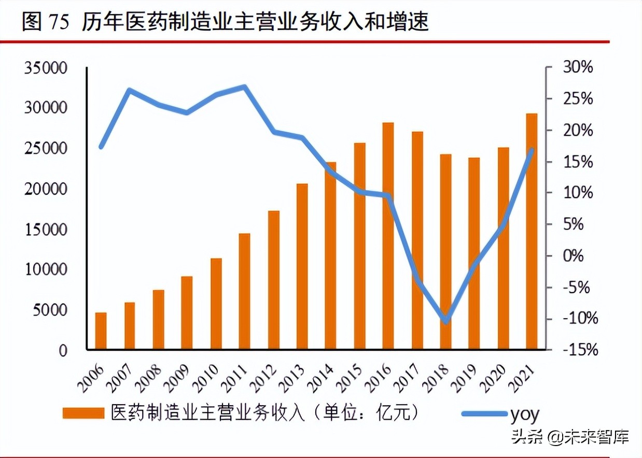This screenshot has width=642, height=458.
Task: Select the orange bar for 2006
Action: [x=101, y=331]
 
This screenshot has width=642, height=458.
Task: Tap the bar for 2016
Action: [x=388, y=236]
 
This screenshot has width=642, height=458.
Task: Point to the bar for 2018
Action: [x=445, y=252]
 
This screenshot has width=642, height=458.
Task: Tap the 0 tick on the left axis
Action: [x=62, y=351]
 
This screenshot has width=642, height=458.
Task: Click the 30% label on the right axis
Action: [x=576, y=68]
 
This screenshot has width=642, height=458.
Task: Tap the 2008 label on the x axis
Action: [x=148, y=377]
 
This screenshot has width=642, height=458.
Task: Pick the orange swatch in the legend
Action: [x=83, y=413]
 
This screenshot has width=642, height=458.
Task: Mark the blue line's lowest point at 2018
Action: [x=445, y=321]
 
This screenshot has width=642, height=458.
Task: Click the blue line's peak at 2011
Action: [x=244, y=87]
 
